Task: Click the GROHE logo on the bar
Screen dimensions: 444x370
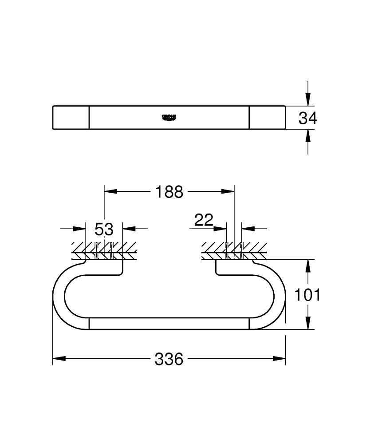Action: tap(169, 117)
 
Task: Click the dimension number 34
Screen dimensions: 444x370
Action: tap(308, 118)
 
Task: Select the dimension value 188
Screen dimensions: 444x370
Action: tap(169, 192)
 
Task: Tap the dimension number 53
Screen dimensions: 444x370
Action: tap(104, 229)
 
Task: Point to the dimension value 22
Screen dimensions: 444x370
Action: tap(204, 220)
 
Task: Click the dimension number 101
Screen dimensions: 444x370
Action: tap(308, 294)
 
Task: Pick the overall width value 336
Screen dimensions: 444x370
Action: tap(169, 359)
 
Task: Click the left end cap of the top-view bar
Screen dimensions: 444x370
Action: tap(71, 117)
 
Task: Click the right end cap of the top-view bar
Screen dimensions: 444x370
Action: tap(267, 117)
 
